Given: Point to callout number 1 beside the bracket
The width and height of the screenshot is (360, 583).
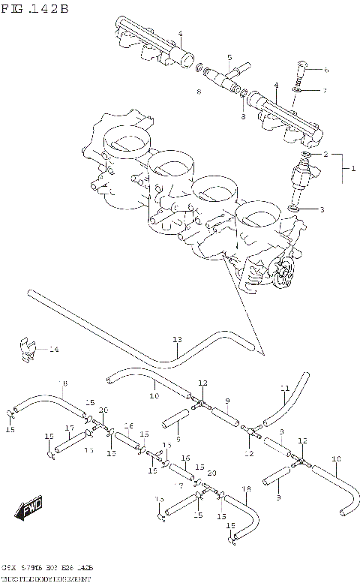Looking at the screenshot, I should tap(352, 170).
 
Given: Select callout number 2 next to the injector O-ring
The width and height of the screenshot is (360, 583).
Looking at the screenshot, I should tap(325, 154).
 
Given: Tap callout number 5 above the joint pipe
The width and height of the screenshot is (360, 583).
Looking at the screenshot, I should tap(229, 57).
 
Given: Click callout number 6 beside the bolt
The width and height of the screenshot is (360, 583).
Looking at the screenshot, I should tap(325, 70).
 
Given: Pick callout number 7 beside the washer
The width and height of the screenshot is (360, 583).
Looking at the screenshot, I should tap(325, 91).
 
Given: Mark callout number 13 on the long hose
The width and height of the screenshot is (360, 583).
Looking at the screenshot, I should tap(177, 339).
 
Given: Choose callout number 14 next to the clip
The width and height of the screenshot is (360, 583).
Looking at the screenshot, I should tap(53, 350).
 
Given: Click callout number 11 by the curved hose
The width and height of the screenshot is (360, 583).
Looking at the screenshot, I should tap(285, 388).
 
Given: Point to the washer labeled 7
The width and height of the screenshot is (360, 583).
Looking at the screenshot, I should tap(298, 91).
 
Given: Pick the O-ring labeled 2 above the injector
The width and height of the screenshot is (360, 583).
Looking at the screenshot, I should tap(306, 155).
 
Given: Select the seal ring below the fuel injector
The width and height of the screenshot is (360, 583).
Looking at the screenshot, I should tap(296, 208).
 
